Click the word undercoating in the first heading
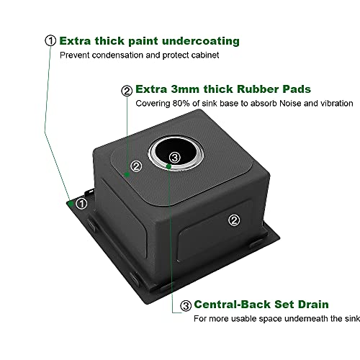[201, 41]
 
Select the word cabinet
[205, 55]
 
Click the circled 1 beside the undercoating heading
[50, 40]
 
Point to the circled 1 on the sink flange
[81, 204]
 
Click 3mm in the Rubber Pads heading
[185, 89]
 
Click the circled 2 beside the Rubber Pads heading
[127, 91]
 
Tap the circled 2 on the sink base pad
[136, 166]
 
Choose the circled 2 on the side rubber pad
[234, 220]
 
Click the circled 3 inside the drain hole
[175, 158]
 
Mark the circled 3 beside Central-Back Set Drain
[186, 305]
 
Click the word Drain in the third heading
[313, 305]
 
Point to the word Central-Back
[233, 305]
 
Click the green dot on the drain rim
[169, 166]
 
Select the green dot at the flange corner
[71, 204]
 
